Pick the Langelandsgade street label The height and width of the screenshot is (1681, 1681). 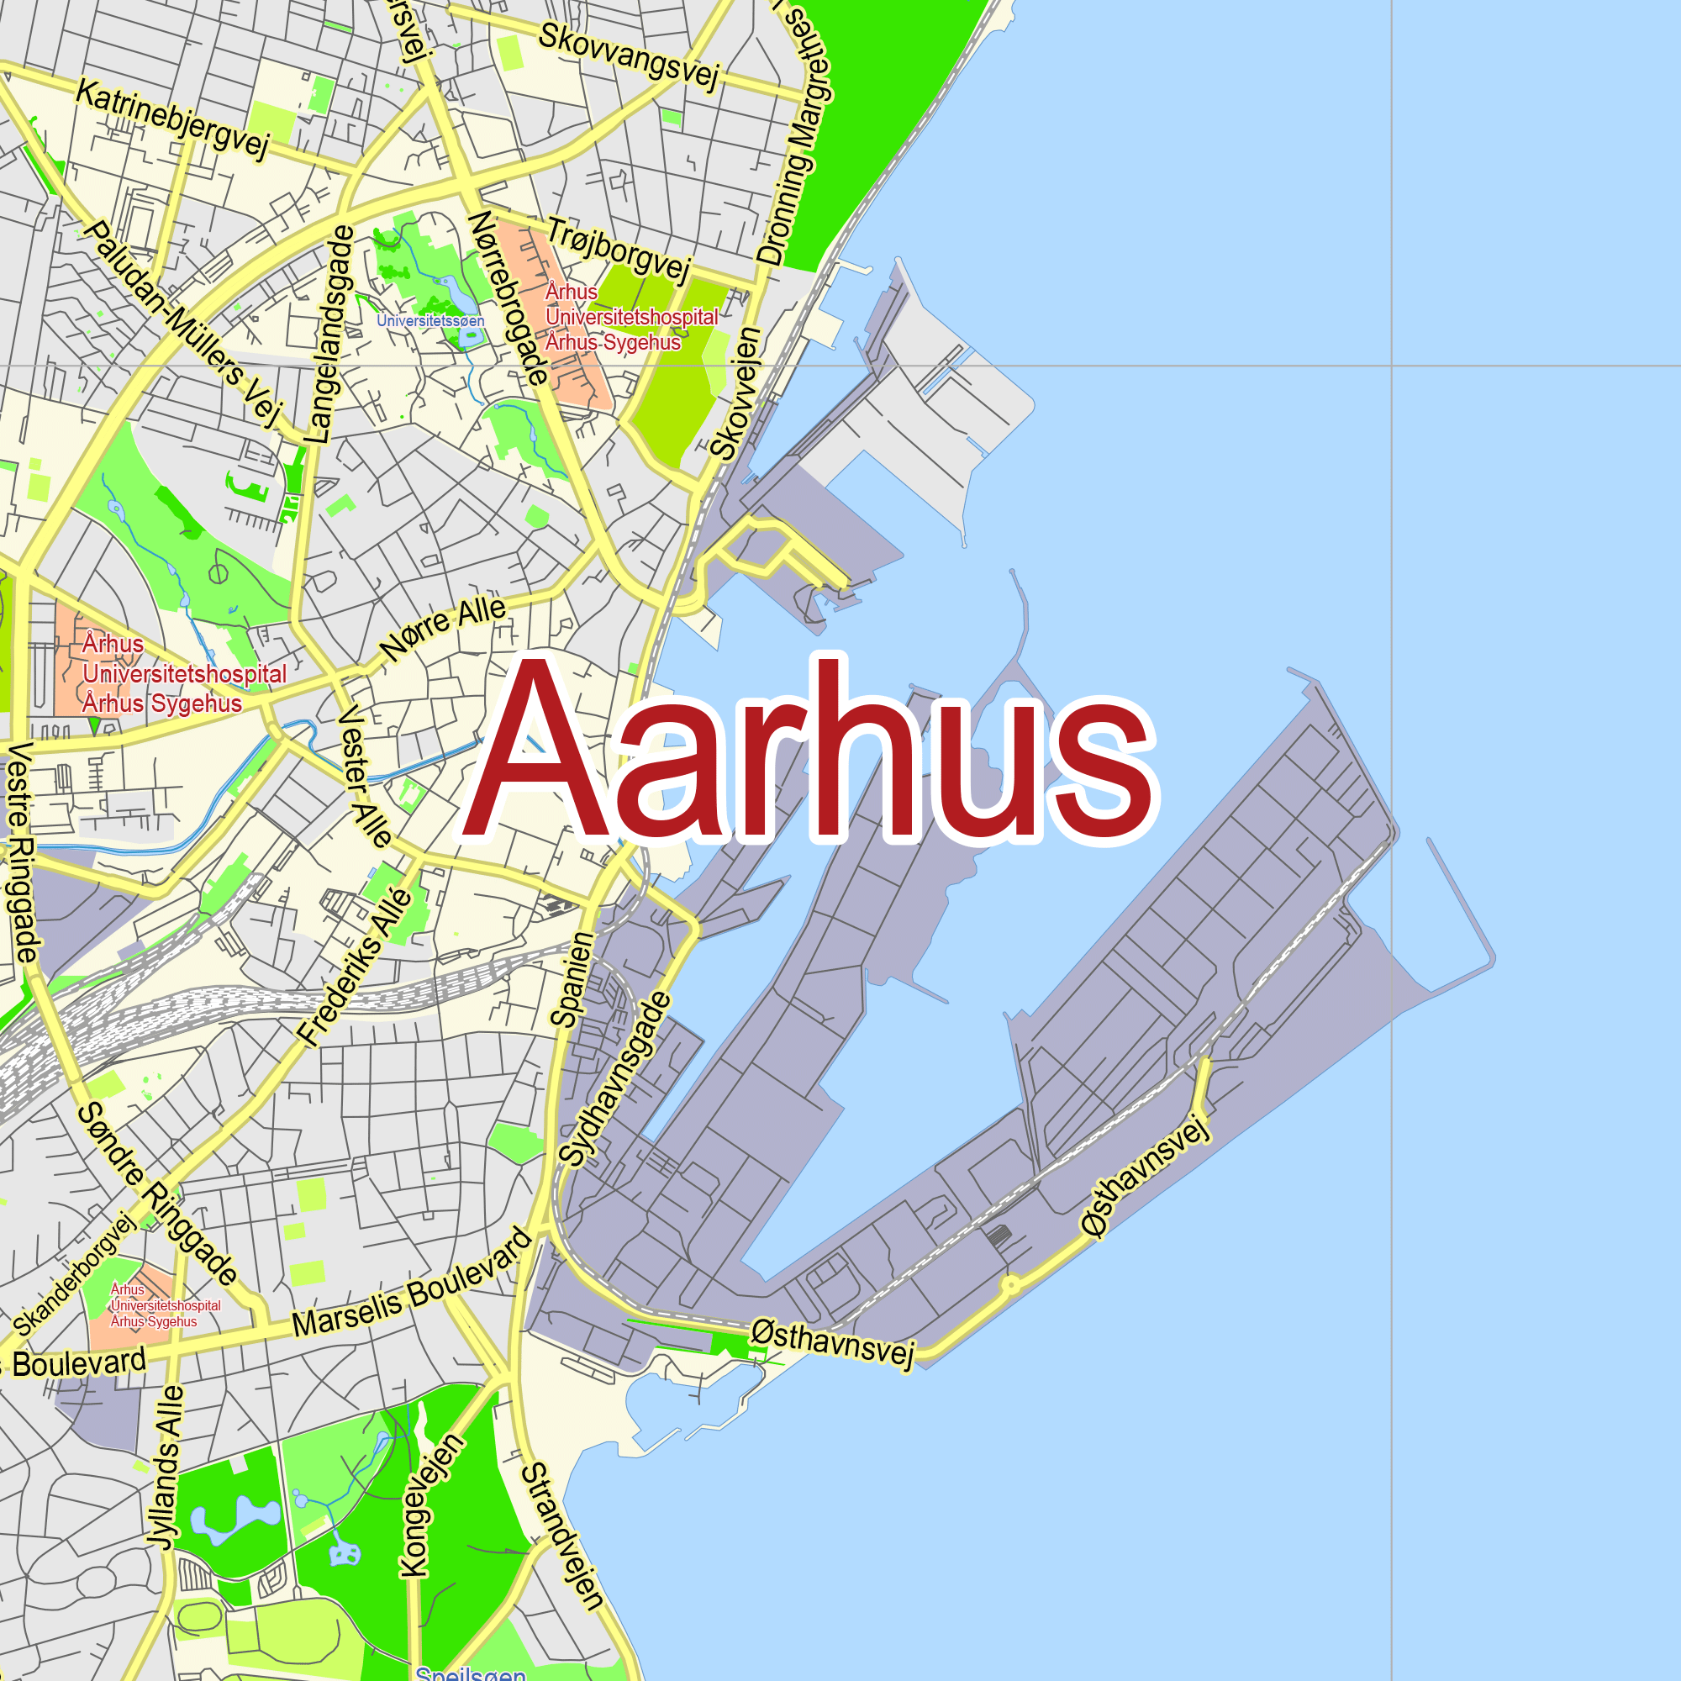[x=330, y=335]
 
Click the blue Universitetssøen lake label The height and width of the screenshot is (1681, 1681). [x=429, y=321]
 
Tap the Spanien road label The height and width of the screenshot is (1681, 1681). [x=572, y=979]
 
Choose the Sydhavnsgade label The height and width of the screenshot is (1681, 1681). [x=616, y=1079]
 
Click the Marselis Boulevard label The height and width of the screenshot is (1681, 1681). [x=412, y=1283]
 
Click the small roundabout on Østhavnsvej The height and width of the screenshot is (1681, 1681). [x=1011, y=1284]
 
